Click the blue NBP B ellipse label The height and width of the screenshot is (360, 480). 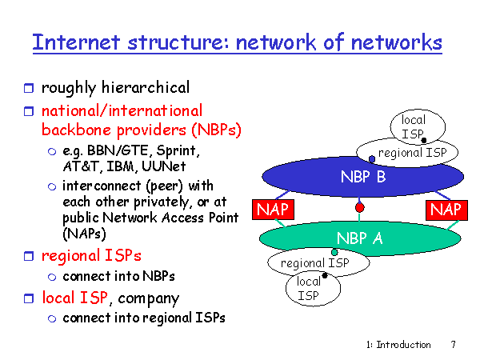[x=362, y=177]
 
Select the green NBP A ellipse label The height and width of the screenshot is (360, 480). [x=359, y=238]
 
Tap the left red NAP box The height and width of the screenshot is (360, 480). [x=272, y=210]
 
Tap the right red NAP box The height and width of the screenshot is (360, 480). [x=444, y=210]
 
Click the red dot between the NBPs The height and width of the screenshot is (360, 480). [x=360, y=208]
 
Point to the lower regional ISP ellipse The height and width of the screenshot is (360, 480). [x=314, y=262]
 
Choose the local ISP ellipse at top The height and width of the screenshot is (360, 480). [x=414, y=126]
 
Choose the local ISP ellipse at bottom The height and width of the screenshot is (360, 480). [x=309, y=288]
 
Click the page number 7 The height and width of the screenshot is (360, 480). [x=453, y=345]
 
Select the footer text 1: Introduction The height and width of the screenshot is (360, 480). [x=398, y=345]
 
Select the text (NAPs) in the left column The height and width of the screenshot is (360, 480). [x=84, y=234]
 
